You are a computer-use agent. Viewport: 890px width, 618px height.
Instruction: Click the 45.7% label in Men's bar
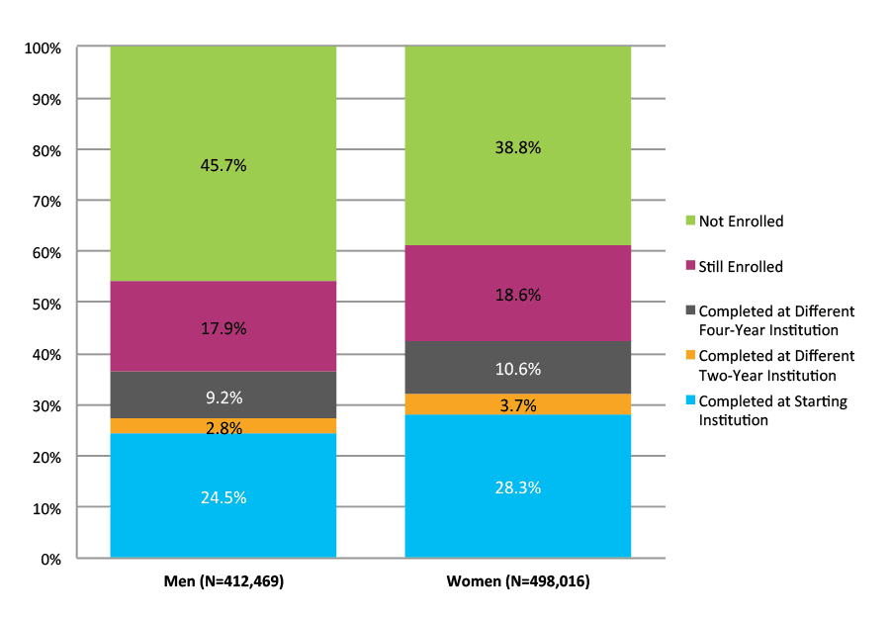[222, 165]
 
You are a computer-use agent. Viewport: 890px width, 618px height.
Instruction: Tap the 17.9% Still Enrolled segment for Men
[222, 327]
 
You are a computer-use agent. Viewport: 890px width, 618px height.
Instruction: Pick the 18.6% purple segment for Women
[517, 295]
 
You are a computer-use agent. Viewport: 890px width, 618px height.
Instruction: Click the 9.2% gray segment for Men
[222, 397]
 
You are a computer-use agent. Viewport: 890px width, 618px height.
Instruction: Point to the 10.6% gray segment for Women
[517, 369]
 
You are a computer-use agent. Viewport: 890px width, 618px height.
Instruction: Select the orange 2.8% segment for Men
[222, 426]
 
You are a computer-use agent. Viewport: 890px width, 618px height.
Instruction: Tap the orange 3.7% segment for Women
[517, 404]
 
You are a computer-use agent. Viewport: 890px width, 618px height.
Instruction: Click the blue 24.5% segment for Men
[222, 497]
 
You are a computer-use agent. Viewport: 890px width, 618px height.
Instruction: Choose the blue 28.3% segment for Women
[517, 487]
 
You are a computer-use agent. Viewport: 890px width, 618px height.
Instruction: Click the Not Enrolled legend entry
[740, 221]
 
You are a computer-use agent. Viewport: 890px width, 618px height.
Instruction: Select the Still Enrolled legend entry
[740, 267]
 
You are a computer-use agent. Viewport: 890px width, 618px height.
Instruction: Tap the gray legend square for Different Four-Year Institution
[691, 311]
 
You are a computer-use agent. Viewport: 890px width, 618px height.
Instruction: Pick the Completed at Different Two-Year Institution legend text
[776, 365]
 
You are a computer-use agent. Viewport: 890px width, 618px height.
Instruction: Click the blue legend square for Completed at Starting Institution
[691, 402]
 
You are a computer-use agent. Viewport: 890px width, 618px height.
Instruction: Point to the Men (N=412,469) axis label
[222, 582]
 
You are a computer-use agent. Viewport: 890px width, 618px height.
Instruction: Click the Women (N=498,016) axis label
[517, 582]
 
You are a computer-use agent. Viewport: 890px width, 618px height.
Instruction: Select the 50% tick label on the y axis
[46, 303]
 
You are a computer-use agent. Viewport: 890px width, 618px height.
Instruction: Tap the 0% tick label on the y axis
[50, 559]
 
